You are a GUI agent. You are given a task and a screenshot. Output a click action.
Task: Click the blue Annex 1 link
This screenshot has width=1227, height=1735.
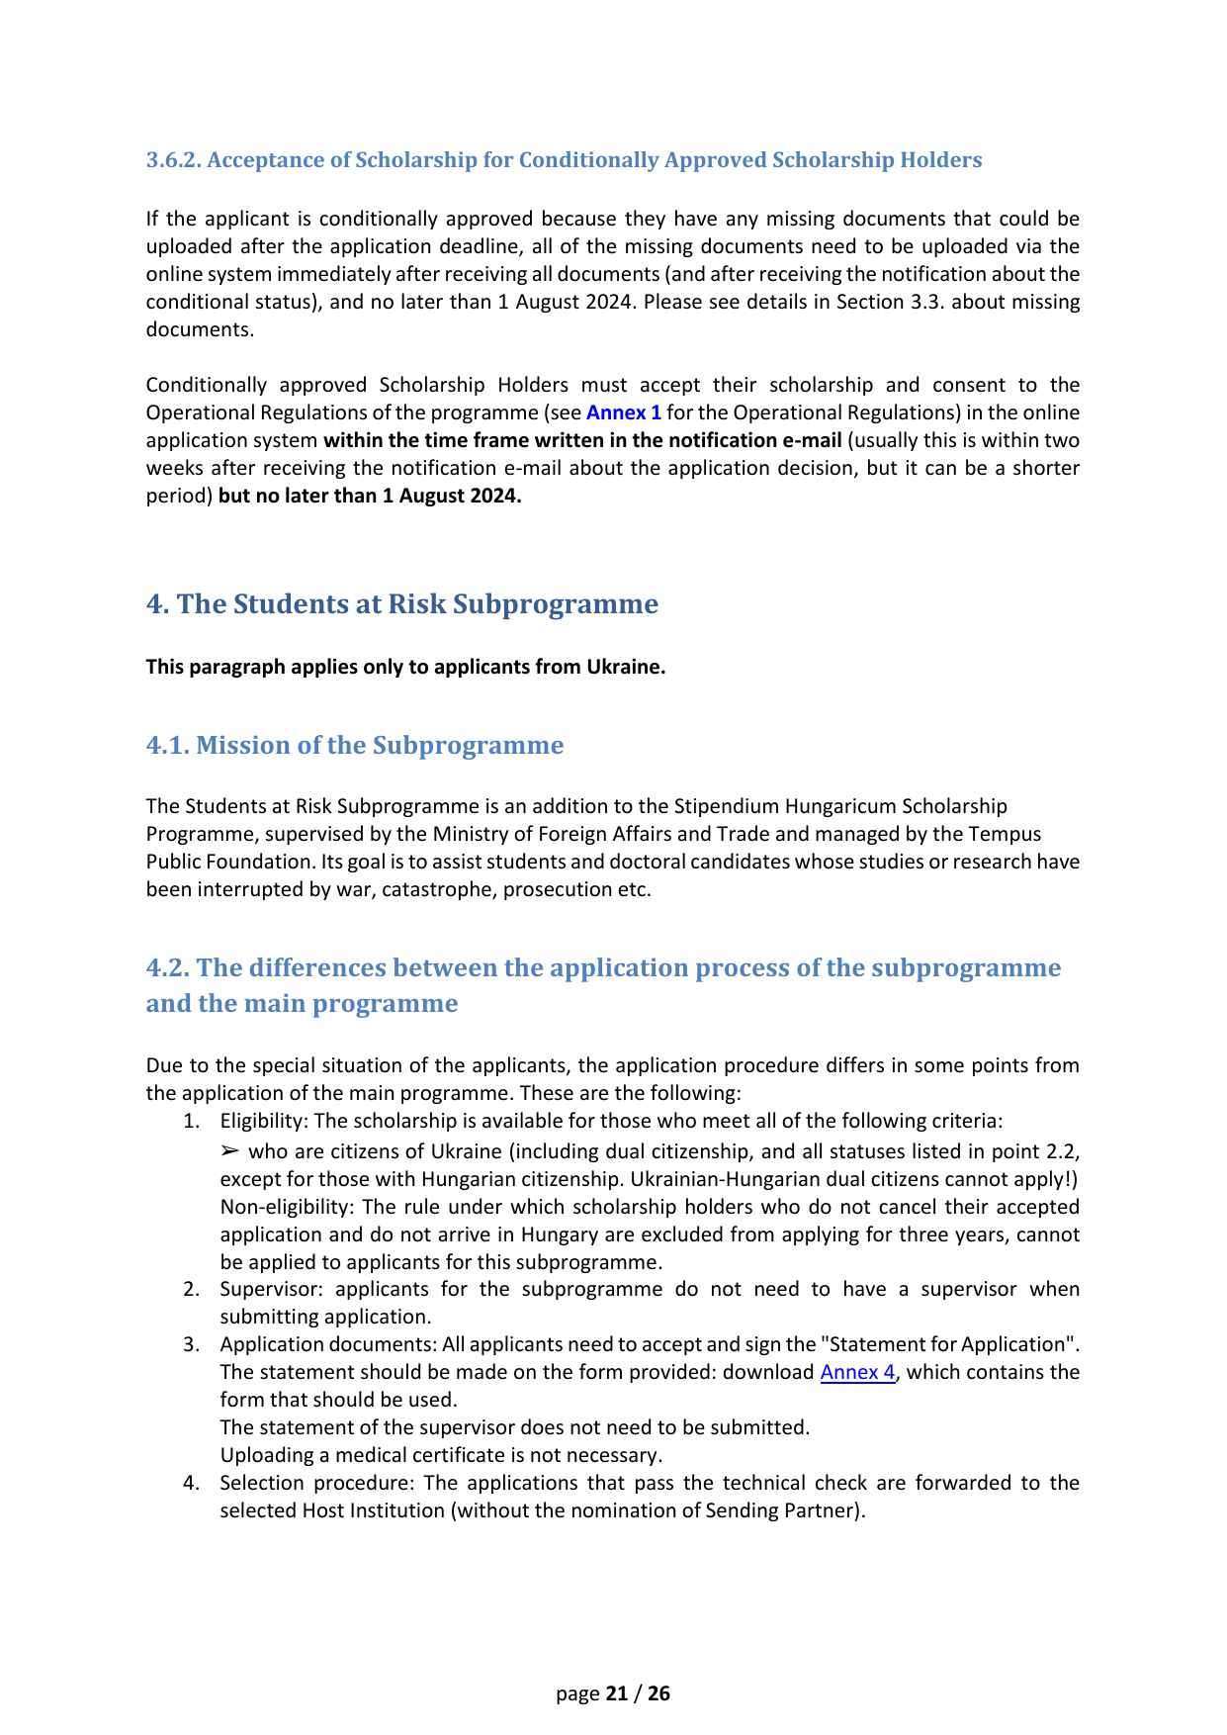[623, 412]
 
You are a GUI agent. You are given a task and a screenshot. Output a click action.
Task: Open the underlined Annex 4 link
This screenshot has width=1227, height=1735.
[857, 1373]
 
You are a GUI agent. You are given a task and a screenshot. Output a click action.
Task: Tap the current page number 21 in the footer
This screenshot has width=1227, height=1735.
[617, 1693]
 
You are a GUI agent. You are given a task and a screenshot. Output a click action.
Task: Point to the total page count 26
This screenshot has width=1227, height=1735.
[659, 1693]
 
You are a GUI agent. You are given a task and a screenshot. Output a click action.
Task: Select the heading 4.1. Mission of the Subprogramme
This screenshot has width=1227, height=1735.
[354, 745]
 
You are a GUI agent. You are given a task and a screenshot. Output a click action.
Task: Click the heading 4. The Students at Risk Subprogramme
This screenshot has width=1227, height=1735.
[401, 604]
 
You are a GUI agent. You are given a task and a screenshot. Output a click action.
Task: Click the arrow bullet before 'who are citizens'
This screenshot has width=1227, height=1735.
[229, 1151]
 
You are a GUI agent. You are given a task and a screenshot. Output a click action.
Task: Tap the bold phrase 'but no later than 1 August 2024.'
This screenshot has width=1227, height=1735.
[370, 496]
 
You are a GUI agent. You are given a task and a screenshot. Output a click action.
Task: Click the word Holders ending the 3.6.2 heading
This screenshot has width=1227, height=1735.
[943, 160]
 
